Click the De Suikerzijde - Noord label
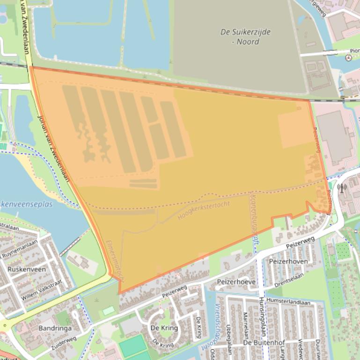pos(245,36)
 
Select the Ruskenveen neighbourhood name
pos(27,269)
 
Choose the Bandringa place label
pos(55,328)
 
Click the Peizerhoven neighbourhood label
pos(288,261)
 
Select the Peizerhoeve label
pos(236,282)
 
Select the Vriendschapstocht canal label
pos(208,327)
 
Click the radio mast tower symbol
pos(341,188)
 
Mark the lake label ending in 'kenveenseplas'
pos(26,204)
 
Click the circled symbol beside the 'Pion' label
pos(348,58)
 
